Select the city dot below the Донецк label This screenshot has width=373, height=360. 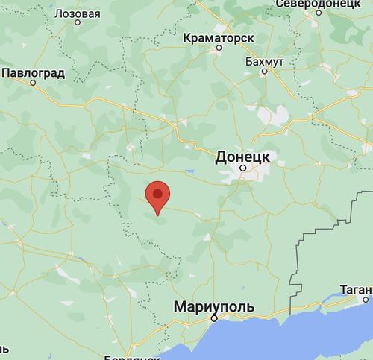click(243, 169)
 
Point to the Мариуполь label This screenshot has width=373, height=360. click(213, 306)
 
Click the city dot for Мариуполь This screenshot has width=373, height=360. click(213, 318)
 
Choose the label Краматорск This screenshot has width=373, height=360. click(219, 37)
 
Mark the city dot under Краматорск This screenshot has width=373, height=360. click(219, 48)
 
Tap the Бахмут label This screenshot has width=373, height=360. click(264, 62)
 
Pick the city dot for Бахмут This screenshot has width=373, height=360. click(264, 73)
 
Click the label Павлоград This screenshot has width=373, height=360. click(34, 73)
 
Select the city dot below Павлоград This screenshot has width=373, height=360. click(33, 83)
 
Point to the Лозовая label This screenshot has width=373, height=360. click(78, 13)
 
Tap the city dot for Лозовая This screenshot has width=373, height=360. click(78, 23)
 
